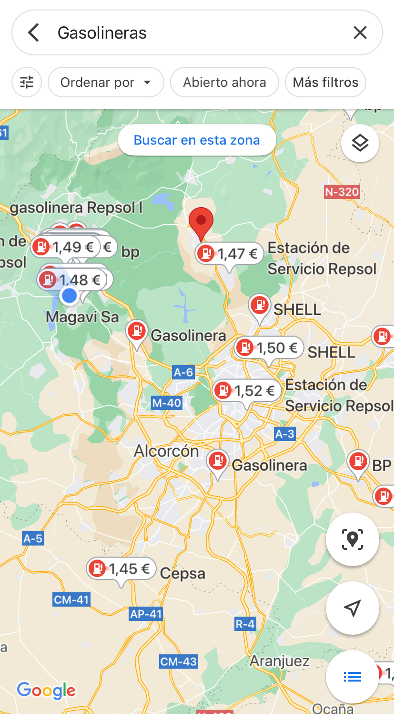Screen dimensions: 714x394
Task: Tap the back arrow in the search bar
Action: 33,33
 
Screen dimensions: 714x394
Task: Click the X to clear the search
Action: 360,33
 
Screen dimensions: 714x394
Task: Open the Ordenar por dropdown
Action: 106,83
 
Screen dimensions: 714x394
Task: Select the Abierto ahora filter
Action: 224,83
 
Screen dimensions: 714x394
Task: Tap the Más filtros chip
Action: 325,83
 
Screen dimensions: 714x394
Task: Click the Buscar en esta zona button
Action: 197,140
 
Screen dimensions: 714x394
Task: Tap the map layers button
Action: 360,143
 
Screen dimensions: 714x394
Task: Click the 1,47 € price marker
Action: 230,254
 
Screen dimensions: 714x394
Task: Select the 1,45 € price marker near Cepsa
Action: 121,569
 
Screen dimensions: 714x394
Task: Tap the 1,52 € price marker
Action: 246,391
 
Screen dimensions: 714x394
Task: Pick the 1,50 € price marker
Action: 269,348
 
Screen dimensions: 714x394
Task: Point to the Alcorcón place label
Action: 166,451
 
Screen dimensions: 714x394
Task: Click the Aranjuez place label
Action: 280,661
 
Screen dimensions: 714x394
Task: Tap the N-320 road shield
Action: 342,192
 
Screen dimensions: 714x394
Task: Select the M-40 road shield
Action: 167,403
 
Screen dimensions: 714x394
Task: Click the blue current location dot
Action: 70,296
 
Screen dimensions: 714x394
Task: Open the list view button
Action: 353,677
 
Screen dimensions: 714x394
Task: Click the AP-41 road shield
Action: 146,614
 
